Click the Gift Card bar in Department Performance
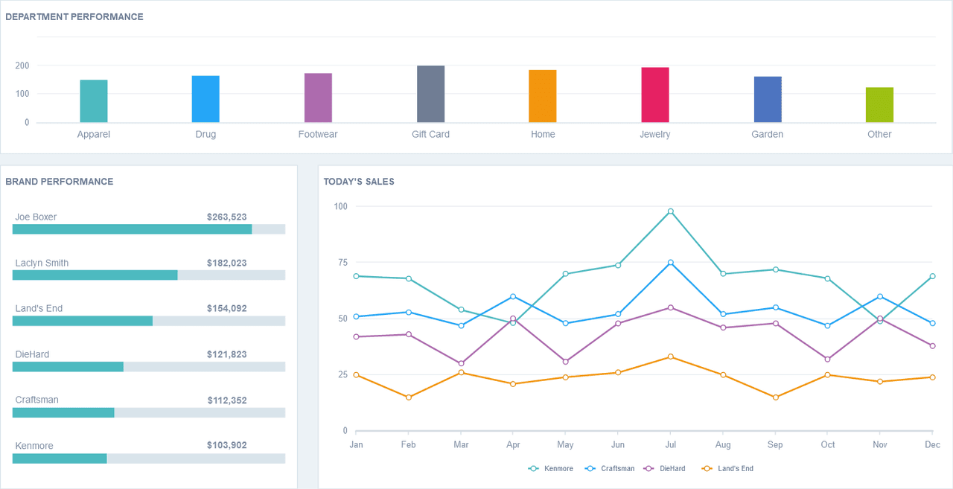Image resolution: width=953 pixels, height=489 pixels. pos(430,94)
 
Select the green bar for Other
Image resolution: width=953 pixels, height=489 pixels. pos(879,105)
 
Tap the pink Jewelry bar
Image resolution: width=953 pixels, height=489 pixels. pos(655,95)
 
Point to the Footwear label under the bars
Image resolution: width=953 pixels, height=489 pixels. pos(318,135)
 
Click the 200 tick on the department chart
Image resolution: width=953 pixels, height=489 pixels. pos(22,65)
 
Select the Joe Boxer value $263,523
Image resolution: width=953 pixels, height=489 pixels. pos(227,217)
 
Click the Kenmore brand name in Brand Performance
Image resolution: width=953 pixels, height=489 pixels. pos(34,446)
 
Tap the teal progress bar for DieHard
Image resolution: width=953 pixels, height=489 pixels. pos(68,366)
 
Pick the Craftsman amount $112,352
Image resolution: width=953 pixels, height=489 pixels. pos(227,400)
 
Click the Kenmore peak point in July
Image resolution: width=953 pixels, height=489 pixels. pos(671,211)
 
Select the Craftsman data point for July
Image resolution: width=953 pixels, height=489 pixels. pos(671,263)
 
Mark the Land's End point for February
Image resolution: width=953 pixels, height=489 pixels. pos(409,397)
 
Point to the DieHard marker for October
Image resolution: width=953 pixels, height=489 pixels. pos(827,359)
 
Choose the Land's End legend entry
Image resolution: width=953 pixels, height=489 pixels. pos(727,469)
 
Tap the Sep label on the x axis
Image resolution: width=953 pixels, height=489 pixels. pos(775,445)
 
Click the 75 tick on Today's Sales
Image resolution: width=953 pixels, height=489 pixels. pos(343,262)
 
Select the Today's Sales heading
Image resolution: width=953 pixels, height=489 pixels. pos(359,182)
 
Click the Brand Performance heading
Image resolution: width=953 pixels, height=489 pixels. pos(59,182)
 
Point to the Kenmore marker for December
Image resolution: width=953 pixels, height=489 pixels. pos(933,276)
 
